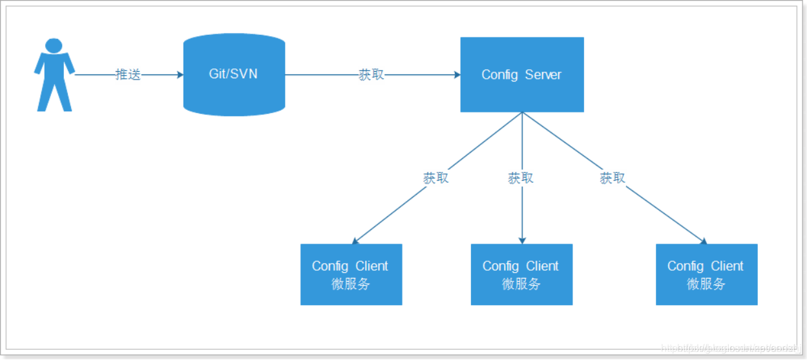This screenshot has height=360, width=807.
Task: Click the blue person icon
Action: [54, 78]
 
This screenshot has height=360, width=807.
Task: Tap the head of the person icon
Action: [54, 45]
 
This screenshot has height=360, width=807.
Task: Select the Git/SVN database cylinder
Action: [234, 74]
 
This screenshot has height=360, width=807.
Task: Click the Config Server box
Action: [521, 74]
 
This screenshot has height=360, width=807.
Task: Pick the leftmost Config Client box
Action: [351, 274]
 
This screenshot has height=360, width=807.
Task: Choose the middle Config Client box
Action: [521, 274]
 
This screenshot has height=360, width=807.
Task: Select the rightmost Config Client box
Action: [706, 274]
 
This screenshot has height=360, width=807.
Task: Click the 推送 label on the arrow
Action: [127, 74]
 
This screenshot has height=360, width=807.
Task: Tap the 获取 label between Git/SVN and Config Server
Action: [372, 74]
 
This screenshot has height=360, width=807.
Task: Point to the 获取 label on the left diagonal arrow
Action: [435, 178]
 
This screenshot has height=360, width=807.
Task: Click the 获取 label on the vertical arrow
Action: [521, 178]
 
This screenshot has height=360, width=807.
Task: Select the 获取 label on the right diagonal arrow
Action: [613, 178]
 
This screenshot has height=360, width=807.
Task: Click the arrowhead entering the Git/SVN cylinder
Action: [180, 74]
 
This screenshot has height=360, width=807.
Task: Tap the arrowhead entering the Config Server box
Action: [457, 74]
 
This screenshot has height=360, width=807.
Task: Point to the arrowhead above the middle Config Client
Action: [521, 240]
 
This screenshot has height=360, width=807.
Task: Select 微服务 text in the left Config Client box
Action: [351, 284]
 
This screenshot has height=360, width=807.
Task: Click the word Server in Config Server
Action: [543, 74]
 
